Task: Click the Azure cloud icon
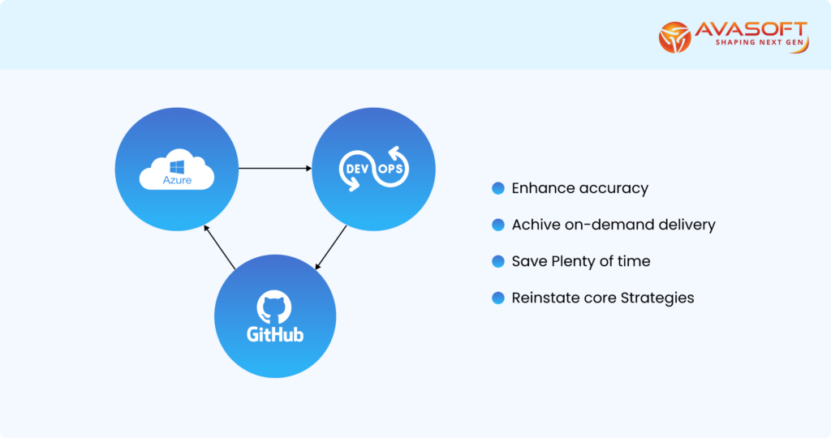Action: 176,169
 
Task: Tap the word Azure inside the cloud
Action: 177,180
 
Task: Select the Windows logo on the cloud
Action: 177,167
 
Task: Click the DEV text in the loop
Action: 357,169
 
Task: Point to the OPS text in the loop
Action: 390,169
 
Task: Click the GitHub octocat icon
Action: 274,307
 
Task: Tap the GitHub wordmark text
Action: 275,334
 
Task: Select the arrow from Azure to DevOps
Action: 275,169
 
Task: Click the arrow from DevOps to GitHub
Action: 331,248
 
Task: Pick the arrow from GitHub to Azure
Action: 219,247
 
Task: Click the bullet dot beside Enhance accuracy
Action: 498,188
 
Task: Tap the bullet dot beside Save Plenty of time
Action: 498,261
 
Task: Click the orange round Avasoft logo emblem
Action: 674,37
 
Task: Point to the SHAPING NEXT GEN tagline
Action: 760,42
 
